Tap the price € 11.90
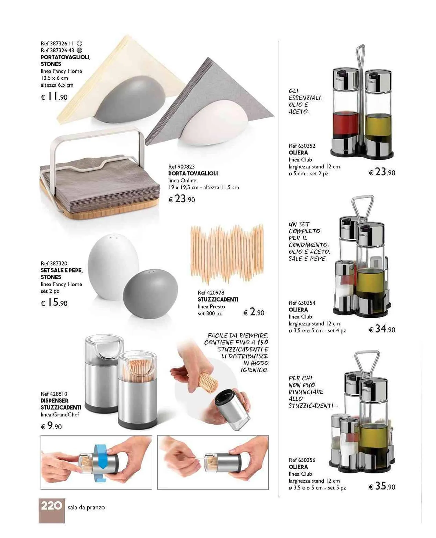(x=54, y=97)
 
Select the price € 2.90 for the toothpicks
(x=254, y=312)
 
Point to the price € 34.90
(x=382, y=329)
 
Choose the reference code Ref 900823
(x=182, y=167)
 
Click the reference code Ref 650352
(x=302, y=146)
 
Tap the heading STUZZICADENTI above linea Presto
(x=218, y=299)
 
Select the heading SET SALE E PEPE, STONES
(x=62, y=274)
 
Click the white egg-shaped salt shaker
(x=113, y=267)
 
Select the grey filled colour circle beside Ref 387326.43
(x=79, y=50)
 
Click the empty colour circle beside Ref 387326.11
(x=79, y=43)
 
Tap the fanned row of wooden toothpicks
(x=227, y=254)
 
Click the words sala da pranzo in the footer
(x=86, y=507)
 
